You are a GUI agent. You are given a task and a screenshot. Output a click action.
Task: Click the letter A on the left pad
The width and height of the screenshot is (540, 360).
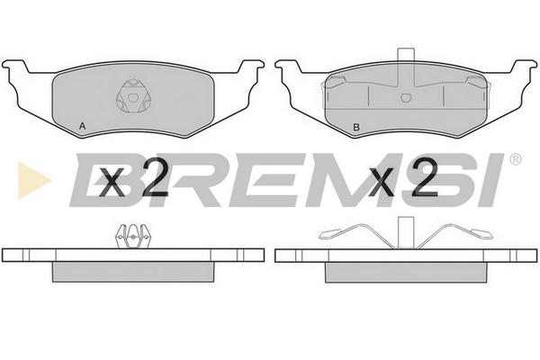click(82, 126)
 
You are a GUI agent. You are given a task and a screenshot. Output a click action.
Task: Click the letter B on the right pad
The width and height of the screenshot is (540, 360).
click(356, 127)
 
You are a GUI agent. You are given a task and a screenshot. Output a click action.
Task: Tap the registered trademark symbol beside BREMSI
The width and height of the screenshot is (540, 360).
click(515, 159)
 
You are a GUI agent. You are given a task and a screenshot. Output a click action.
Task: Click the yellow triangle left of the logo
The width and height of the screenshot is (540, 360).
click(33, 180)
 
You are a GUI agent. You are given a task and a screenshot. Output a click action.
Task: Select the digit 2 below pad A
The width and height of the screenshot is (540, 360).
click(154, 177)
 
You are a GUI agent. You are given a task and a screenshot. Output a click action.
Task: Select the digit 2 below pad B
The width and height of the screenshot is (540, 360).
click(424, 177)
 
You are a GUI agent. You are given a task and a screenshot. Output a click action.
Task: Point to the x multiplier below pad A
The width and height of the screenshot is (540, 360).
click(112, 183)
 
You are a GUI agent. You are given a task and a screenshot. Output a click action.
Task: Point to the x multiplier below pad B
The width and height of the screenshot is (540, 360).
click(381, 183)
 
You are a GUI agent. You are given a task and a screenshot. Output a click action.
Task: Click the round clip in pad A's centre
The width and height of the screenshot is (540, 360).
click(132, 96)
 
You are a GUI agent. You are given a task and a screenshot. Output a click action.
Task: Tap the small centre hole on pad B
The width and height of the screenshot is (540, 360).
click(406, 98)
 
